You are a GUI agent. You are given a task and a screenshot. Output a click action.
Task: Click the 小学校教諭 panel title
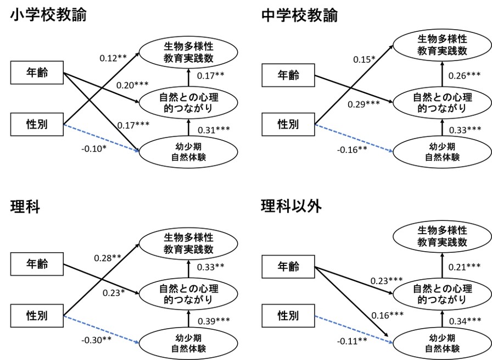[48, 15]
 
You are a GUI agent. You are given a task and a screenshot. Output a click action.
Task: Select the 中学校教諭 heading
[300, 15]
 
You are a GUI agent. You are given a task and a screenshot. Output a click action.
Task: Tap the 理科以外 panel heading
[292, 207]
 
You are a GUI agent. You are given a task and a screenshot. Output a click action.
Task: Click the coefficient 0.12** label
[113, 58]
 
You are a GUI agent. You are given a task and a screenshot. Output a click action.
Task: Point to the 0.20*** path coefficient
[132, 85]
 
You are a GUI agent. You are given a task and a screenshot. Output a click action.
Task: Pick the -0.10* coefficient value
[94, 148]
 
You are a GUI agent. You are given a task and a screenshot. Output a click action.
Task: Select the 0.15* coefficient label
[364, 59]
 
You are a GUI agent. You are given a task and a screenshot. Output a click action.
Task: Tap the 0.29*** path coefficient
[364, 104]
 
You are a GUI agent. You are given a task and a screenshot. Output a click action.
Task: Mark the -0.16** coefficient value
[352, 150]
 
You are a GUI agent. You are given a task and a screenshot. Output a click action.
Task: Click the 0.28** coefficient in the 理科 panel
[107, 258]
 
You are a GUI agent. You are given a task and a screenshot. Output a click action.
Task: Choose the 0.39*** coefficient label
[214, 321]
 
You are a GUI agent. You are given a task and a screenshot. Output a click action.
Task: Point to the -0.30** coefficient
[96, 340]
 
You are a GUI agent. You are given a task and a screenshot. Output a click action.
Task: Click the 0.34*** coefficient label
[465, 321]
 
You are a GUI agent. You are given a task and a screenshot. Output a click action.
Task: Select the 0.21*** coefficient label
[465, 267]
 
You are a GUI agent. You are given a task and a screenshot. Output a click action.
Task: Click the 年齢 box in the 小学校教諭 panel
[37, 73]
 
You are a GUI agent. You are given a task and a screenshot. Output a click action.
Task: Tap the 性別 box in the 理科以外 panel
[288, 315]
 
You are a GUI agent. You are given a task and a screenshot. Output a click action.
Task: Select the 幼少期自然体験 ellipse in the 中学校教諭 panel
[442, 152]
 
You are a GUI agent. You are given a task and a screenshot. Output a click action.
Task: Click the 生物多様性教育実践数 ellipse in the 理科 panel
[188, 244]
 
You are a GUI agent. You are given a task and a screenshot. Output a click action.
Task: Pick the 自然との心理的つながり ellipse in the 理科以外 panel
[442, 293]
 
